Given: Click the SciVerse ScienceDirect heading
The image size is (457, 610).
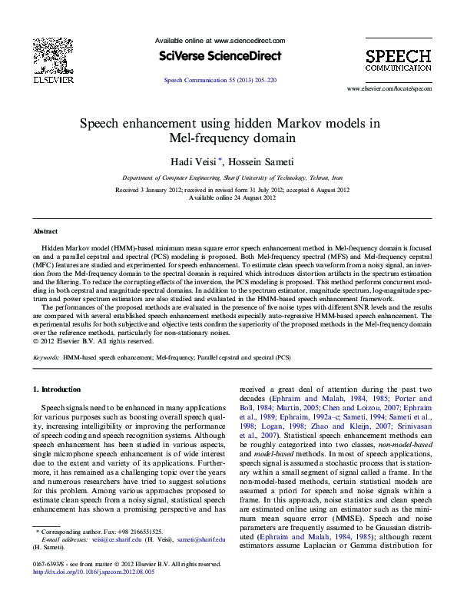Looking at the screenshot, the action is pos(220,56).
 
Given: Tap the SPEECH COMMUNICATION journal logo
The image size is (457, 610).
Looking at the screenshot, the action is pos(398,60).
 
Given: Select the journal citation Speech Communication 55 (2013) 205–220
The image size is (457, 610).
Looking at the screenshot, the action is pos(220,80).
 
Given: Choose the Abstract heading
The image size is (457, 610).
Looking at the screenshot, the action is pos(45,231).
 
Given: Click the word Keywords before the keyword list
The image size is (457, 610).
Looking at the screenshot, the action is pos(45,358).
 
